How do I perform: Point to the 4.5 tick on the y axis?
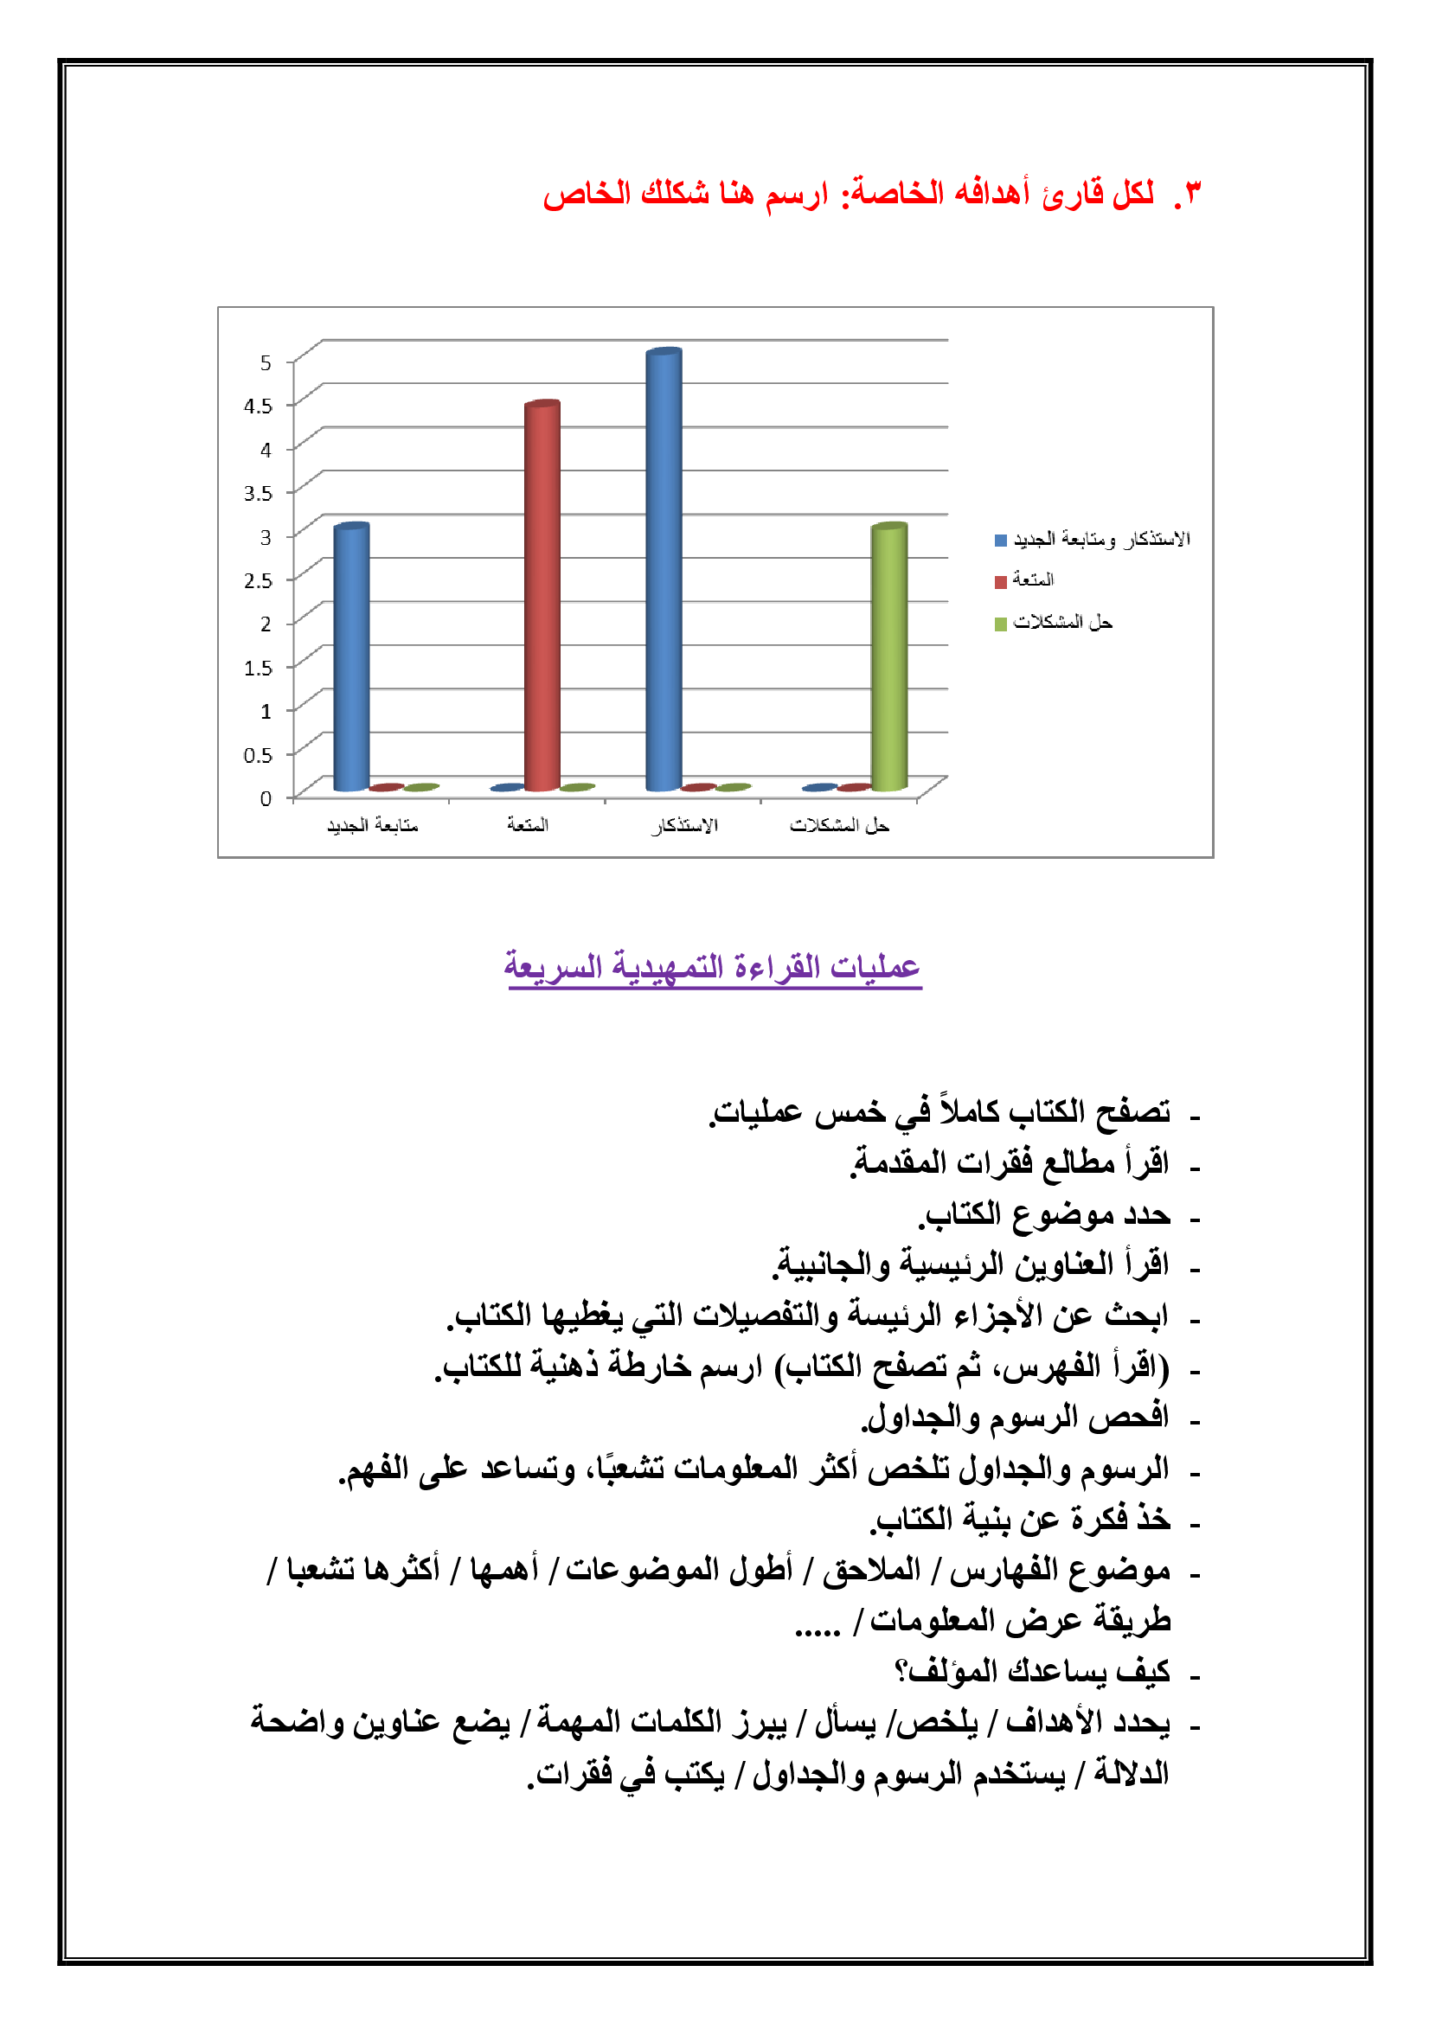(258, 407)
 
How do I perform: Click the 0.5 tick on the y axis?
(258, 755)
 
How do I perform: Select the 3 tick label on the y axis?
(266, 536)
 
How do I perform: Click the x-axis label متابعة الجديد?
(373, 826)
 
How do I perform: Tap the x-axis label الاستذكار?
(684, 826)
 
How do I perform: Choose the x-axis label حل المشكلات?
(839, 826)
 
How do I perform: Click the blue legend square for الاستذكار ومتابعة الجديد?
(1000, 540)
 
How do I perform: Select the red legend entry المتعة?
(1032, 579)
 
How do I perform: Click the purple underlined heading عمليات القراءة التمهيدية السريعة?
(712, 967)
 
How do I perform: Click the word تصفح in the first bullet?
(1133, 1112)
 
